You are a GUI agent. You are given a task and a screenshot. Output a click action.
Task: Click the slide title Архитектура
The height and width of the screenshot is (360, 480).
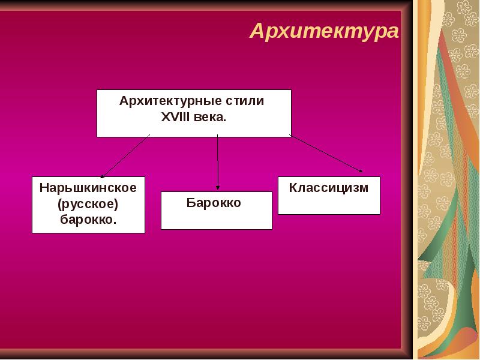(x=324, y=31)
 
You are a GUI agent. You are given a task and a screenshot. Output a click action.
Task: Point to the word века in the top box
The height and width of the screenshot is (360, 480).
(x=210, y=117)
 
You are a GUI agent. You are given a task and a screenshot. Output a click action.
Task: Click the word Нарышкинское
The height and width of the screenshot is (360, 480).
(x=88, y=188)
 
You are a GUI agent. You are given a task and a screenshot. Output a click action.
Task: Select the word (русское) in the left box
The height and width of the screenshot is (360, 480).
(x=88, y=204)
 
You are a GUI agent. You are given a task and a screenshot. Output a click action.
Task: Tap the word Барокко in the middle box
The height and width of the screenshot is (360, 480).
(x=214, y=203)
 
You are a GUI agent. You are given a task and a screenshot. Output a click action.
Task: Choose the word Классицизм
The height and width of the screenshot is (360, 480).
(x=328, y=188)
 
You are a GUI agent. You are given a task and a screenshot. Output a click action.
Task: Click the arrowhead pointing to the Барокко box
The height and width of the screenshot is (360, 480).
(x=217, y=188)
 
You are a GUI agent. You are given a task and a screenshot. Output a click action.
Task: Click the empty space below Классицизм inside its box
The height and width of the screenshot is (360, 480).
(x=328, y=205)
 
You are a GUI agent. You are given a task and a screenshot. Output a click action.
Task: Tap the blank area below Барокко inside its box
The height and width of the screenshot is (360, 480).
(x=216, y=219)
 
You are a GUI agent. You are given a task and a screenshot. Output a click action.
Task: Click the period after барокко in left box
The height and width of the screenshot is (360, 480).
(x=115, y=223)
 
